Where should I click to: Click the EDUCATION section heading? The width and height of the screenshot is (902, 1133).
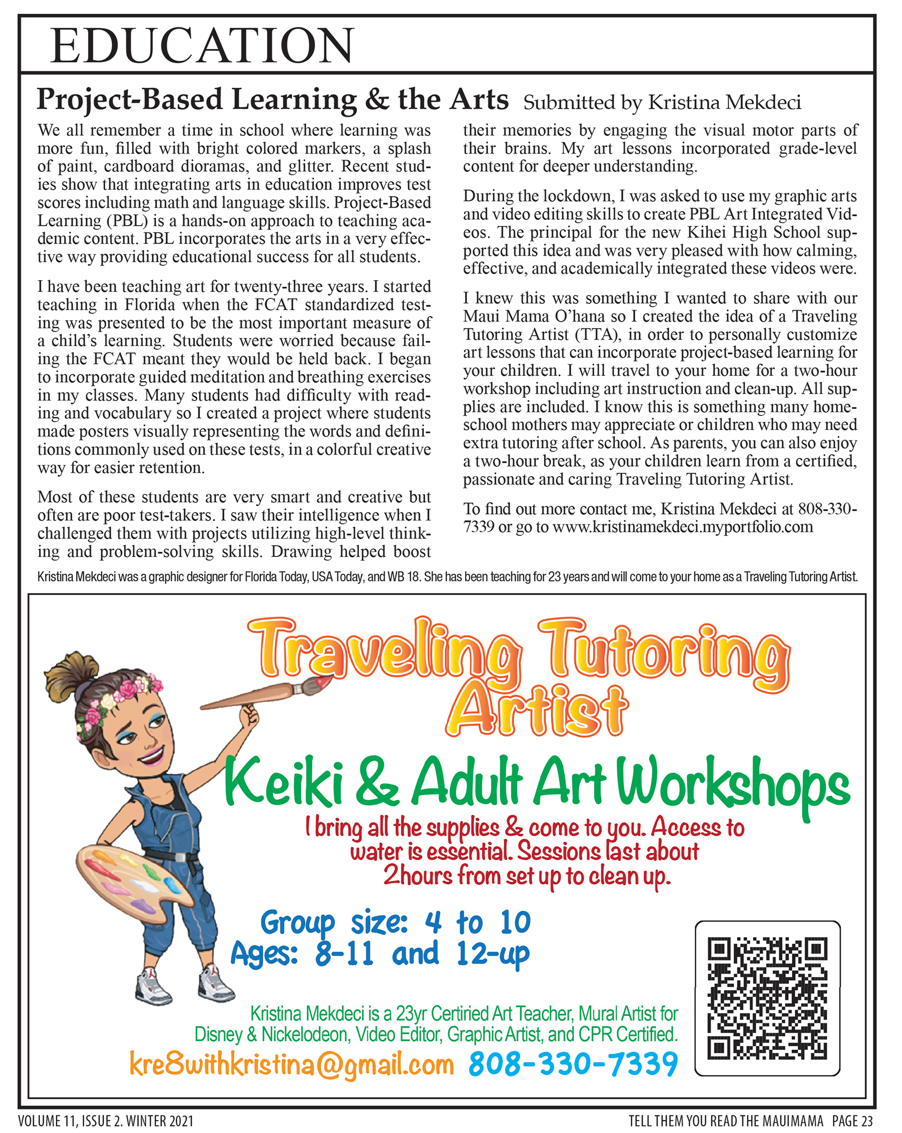202,46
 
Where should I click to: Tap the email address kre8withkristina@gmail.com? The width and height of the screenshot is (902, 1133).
292,1065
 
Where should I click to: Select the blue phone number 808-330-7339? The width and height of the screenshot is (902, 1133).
573,1065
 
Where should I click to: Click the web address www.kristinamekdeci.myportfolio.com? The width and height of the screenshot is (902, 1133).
683,527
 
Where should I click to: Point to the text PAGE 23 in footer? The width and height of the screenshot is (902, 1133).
852,1121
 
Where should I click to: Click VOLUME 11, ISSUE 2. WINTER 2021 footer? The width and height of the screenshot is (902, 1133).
106,1121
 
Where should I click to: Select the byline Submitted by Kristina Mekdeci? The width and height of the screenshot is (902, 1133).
662,102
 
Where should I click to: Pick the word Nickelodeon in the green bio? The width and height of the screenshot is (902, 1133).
305,1035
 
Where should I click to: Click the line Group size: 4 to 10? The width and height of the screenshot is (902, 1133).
396,923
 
